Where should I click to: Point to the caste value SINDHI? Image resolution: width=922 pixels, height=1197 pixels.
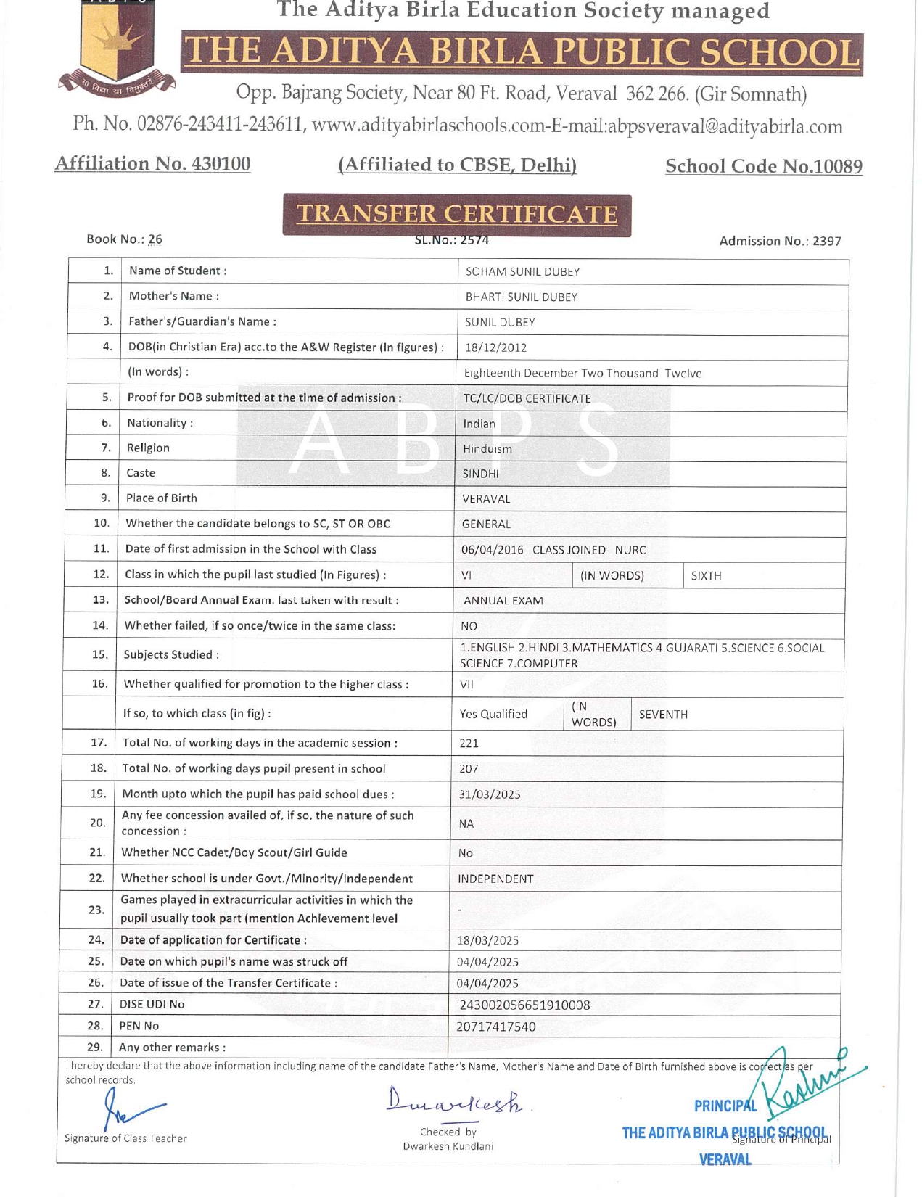[481, 474]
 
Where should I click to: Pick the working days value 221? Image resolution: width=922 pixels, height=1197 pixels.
[469, 744]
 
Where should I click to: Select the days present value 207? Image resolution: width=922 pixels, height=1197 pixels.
[469, 769]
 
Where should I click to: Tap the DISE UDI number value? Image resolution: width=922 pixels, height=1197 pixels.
[523, 1005]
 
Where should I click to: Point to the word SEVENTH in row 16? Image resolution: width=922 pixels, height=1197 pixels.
[663, 715]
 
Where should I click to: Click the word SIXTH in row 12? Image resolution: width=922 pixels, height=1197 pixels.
[706, 576]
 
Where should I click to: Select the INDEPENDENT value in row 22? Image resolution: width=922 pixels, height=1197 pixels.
[495, 879]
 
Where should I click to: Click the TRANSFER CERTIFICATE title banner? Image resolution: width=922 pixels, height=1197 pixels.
[457, 214]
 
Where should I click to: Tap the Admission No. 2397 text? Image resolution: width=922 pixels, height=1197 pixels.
[780, 242]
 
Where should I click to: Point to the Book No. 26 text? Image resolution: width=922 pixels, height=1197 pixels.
[124, 239]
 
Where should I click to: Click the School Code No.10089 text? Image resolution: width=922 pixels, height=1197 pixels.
[763, 166]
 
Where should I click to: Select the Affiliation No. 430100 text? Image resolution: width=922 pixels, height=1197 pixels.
[152, 164]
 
